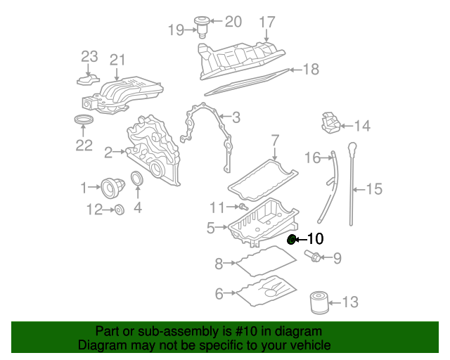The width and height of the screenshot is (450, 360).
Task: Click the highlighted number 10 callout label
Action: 315,240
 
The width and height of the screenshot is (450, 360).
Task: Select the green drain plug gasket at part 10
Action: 292,240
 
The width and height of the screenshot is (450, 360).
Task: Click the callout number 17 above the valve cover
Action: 267,22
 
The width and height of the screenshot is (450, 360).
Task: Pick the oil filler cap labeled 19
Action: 204,25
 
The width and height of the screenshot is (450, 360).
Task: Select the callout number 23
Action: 89,56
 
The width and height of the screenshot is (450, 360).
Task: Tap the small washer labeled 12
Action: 120,209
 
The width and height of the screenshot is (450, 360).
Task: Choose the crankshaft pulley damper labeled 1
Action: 112,187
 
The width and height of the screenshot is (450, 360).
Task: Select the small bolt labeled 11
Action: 241,207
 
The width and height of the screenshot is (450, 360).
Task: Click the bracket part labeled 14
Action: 330,124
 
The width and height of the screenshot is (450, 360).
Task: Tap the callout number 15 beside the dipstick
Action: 374,188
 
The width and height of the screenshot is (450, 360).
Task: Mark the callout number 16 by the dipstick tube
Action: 312,157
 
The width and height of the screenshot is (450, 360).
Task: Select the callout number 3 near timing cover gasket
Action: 236,117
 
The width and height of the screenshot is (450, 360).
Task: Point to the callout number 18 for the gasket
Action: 310,69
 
